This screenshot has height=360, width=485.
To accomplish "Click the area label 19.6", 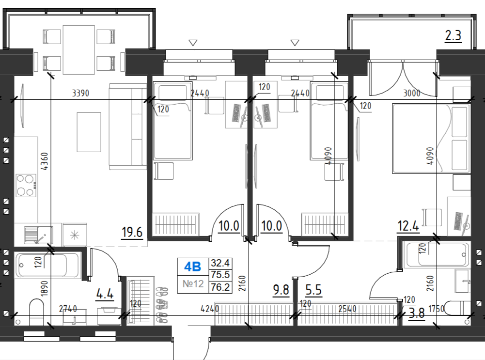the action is point(132,232).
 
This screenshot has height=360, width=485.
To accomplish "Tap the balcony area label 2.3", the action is point(453,35).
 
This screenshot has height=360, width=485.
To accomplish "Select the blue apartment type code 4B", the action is point(192,266).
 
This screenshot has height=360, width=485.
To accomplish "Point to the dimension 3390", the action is point(80,93).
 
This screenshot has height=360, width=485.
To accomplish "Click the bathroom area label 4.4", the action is point(105,294).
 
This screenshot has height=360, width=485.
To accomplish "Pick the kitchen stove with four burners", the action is point(26,186).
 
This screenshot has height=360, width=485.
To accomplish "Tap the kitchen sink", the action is point(38,235).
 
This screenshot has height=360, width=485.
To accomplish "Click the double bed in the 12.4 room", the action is point(431,138).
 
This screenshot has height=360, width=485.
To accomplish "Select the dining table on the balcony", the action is point(78,50).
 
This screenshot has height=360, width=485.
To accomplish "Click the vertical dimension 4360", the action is point(45,161).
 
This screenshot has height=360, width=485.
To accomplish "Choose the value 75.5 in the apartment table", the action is point(220,275).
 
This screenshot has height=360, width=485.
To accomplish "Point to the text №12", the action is point(193,283).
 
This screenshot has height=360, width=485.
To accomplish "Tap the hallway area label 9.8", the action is point(281,290).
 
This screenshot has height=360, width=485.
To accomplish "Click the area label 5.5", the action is point(313,290).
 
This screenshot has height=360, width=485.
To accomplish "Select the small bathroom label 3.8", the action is point(417,313).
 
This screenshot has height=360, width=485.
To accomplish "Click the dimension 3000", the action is point(412,93).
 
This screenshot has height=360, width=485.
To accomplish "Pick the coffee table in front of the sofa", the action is point(89,132).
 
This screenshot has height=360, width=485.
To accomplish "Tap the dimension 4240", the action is point(210,309).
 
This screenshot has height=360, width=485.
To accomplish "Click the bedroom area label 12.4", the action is point(408,226).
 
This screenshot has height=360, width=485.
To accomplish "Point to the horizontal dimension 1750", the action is point(437,309).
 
